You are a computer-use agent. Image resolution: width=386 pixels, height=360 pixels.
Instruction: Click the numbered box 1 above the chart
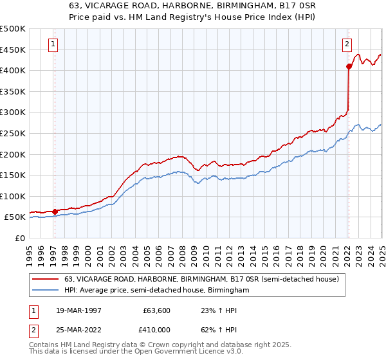[52, 44]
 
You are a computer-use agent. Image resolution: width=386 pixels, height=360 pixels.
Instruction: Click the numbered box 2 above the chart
[347, 44]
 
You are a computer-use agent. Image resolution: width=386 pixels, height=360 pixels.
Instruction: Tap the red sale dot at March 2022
[349, 66]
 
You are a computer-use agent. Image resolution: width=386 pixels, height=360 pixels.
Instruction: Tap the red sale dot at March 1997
[55, 211]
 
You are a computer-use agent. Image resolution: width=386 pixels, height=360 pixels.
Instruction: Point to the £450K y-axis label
[13, 50]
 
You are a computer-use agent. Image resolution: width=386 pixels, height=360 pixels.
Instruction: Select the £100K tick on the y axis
[13, 196]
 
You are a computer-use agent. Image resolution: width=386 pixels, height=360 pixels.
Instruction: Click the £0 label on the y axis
[19, 238]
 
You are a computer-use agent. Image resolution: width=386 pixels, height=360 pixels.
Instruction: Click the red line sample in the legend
[46, 278]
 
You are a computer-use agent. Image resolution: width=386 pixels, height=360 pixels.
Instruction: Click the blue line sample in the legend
[46, 291]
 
